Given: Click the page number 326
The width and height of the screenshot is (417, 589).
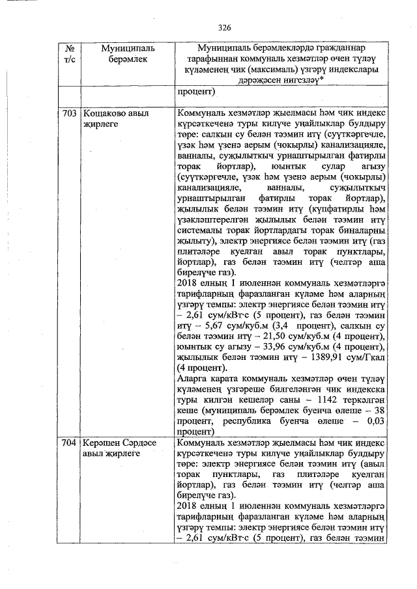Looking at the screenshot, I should [225, 27].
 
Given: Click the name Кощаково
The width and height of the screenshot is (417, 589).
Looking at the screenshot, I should [106, 113].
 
